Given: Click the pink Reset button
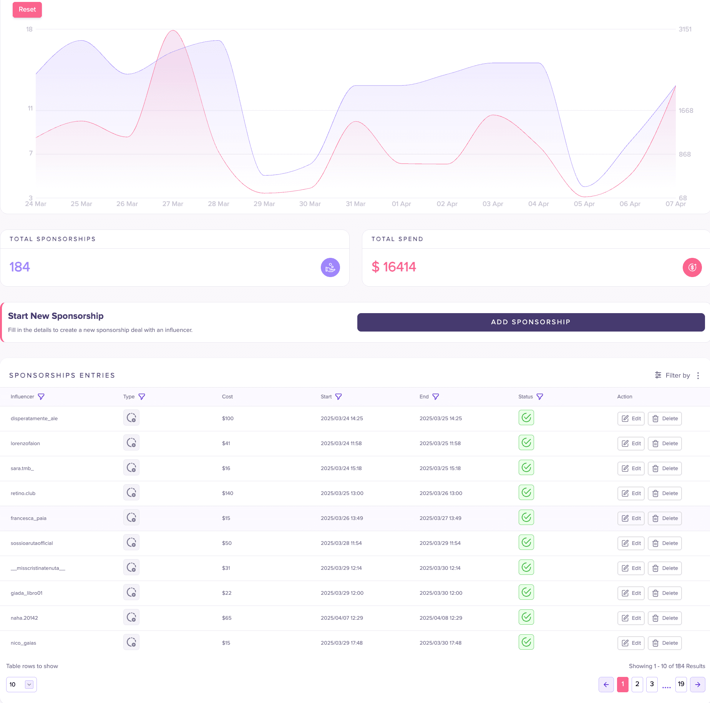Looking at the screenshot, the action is click(x=27, y=10).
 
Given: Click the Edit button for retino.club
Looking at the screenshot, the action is click(x=631, y=493).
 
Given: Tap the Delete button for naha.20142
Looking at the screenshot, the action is click(x=665, y=618).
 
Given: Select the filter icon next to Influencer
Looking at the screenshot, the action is click(x=41, y=397).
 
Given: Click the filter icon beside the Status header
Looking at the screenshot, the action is click(x=540, y=397).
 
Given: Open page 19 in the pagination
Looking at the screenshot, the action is click(x=681, y=684).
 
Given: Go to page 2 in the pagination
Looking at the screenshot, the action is click(x=637, y=684).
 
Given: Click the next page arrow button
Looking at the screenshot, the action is click(x=698, y=685).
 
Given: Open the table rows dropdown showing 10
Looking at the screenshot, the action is click(x=22, y=685).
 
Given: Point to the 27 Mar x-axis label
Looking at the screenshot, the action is click(x=173, y=204).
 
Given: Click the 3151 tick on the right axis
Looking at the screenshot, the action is click(x=685, y=29).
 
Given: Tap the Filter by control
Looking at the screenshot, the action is click(x=673, y=375).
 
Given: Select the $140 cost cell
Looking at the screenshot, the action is click(x=227, y=493).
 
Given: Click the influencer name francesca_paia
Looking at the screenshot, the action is click(x=28, y=518).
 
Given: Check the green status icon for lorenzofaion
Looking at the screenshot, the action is click(x=526, y=443).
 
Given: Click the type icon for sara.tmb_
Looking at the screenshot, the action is click(x=131, y=468).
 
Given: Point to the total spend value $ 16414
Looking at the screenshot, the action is click(x=394, y=267).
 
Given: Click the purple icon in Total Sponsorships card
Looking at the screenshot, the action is click(x=330, y=267).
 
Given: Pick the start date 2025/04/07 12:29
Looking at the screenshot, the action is click(x=342, y=618).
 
